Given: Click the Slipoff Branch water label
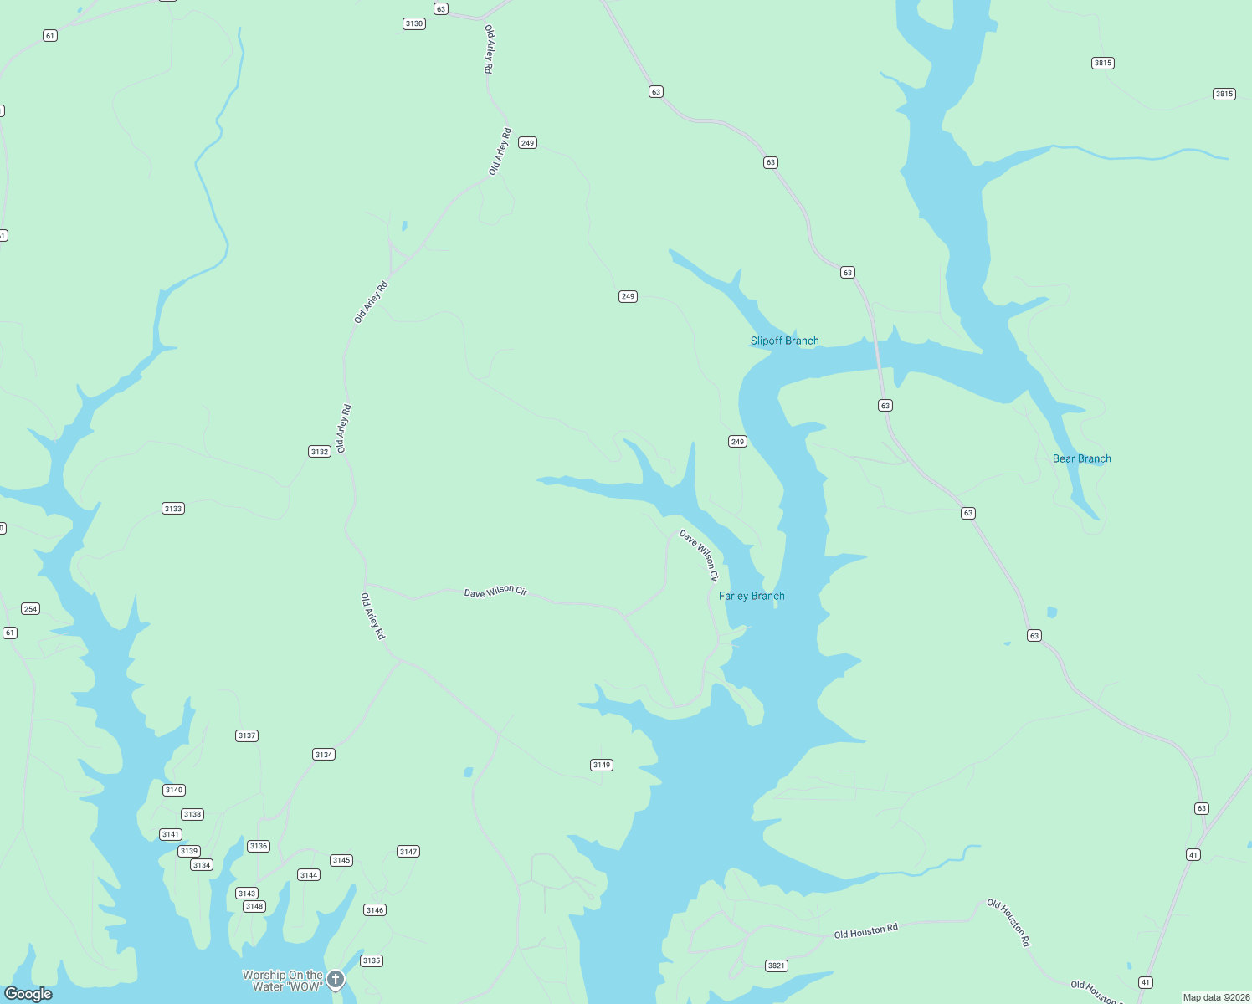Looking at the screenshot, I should [x=784, y=341].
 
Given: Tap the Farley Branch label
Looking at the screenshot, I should [x=752, y=596].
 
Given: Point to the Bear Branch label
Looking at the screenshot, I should [x=1081, y=458].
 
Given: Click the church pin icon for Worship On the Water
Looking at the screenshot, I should [x=336, y=980].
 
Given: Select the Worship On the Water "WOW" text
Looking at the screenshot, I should [x=282, y=981].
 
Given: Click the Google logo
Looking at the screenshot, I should [x=28, y=993].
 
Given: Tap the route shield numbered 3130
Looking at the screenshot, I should [x=414, y=23].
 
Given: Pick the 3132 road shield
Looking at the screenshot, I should [x=320, y=452].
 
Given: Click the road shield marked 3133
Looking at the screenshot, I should [x=173, y=509].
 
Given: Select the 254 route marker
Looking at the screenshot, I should [x=31, y=609].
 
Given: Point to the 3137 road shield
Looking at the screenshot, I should [x=247, y=736].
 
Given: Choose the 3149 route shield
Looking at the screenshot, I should [x=602, y=765].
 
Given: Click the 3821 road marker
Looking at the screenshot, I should [x=777, y=966].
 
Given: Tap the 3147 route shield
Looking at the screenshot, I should [x=408, y=852].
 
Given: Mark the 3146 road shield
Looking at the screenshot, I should [x=375, y=910].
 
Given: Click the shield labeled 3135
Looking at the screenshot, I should [x=372, y=960].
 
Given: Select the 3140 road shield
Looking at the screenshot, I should [x=174, y=790].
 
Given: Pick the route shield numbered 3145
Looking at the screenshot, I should [x=341, y=860].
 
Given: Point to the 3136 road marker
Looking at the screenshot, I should [x=259, y=846].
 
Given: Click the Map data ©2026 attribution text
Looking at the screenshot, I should [x=1216, y=997].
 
